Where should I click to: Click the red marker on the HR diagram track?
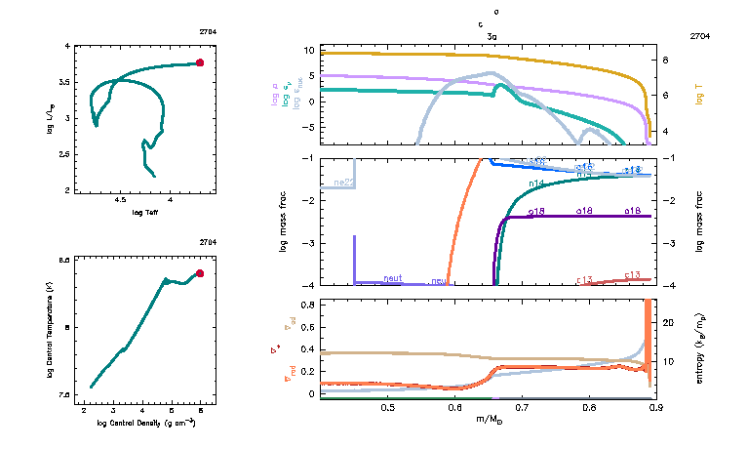[x=200, y=62]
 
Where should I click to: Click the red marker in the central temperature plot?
[x=200, y=273]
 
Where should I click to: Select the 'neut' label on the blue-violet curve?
[x=393, y=278]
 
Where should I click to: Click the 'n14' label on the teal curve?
[x=535, y=184]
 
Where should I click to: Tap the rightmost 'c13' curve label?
[x=631, y=275]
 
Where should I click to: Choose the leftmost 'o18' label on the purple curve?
[x=535, y=211]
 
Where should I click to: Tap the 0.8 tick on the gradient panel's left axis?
[x=305, y=306]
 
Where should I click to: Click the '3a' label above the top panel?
[x=492, y=35]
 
